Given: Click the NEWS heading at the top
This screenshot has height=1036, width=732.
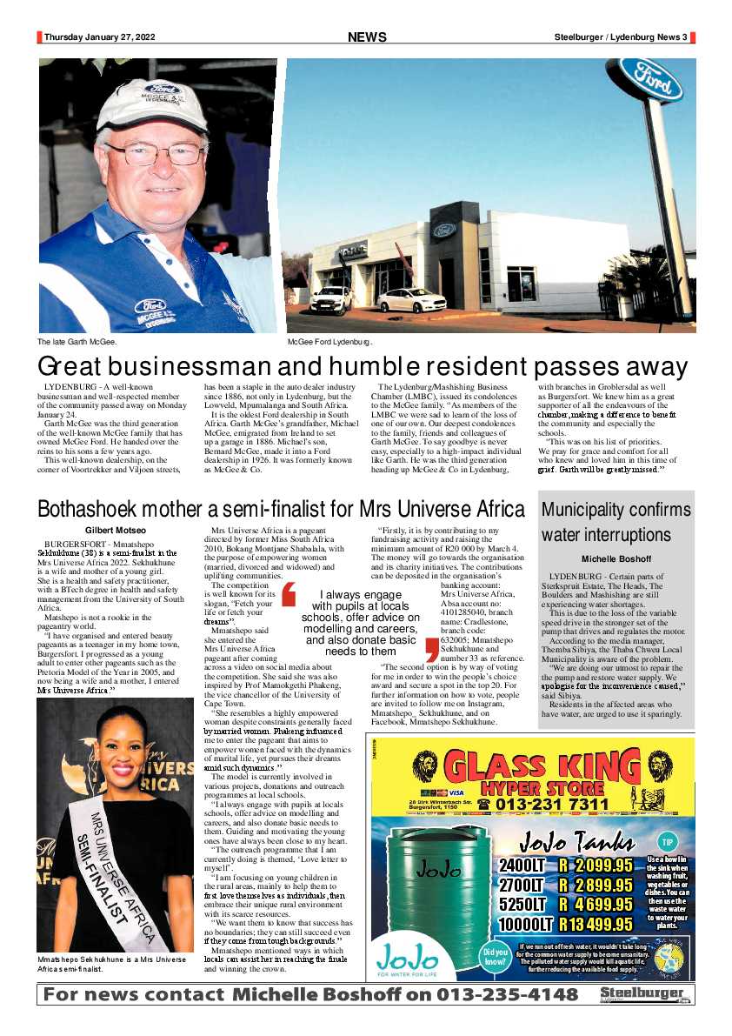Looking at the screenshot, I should (x=367, y=37).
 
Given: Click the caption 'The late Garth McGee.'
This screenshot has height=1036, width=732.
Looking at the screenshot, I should (x=77, y=342).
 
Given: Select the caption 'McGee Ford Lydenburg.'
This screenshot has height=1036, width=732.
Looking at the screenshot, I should (x=330, y=342).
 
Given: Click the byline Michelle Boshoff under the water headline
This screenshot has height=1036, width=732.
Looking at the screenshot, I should (x=616, y=558).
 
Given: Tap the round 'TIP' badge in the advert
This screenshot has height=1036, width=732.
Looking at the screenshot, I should (x=668, y=843).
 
